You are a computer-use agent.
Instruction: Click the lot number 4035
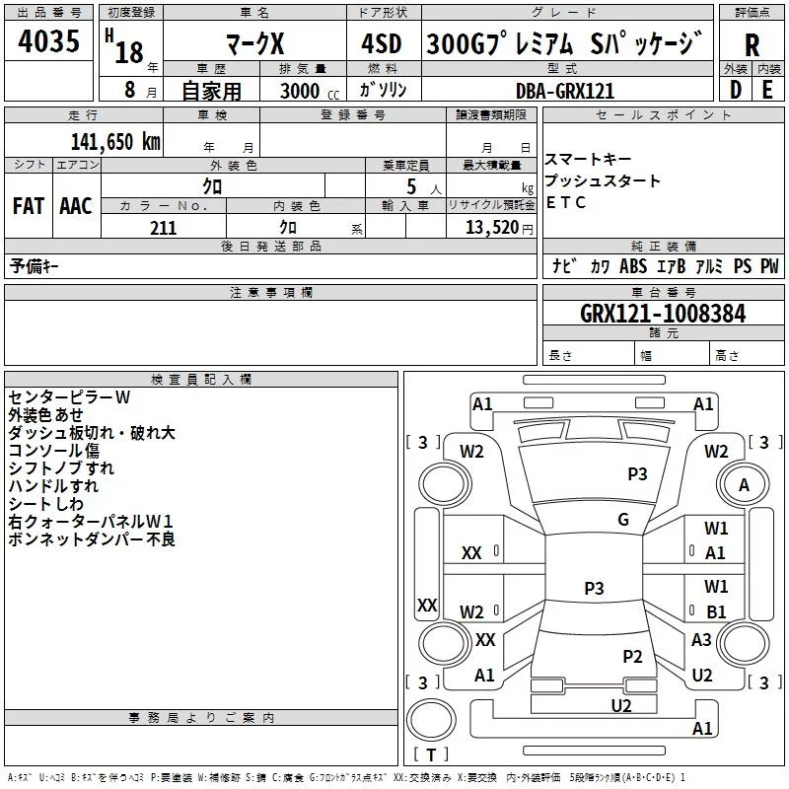tap(48, 40)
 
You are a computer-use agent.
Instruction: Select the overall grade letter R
tap(752, 45)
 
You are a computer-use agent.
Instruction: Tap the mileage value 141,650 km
tap(115, 141)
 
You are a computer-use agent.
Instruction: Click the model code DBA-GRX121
tap(565, 91)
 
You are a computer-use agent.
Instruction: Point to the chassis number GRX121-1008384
tap(663, 314)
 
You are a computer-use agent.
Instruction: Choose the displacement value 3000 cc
tap(310, 91)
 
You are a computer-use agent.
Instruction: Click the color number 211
tap(163, 228)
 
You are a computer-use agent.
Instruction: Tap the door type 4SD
tap(382, 43)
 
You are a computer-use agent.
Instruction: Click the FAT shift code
tap(29, 206)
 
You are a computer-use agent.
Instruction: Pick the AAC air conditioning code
tap(76, 206)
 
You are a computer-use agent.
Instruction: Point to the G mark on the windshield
tap(623, 519)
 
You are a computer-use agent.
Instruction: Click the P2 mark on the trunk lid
tap(632, 656)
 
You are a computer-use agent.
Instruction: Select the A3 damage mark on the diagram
tap(701, 639)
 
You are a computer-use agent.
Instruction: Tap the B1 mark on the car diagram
tap(716, 611)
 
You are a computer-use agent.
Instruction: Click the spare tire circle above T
tap(431, 720)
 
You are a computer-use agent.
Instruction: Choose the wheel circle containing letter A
tap(744, 485)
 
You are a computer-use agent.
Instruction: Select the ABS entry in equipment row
tap(633, 266)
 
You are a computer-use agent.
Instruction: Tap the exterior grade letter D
tap(736, 90)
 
